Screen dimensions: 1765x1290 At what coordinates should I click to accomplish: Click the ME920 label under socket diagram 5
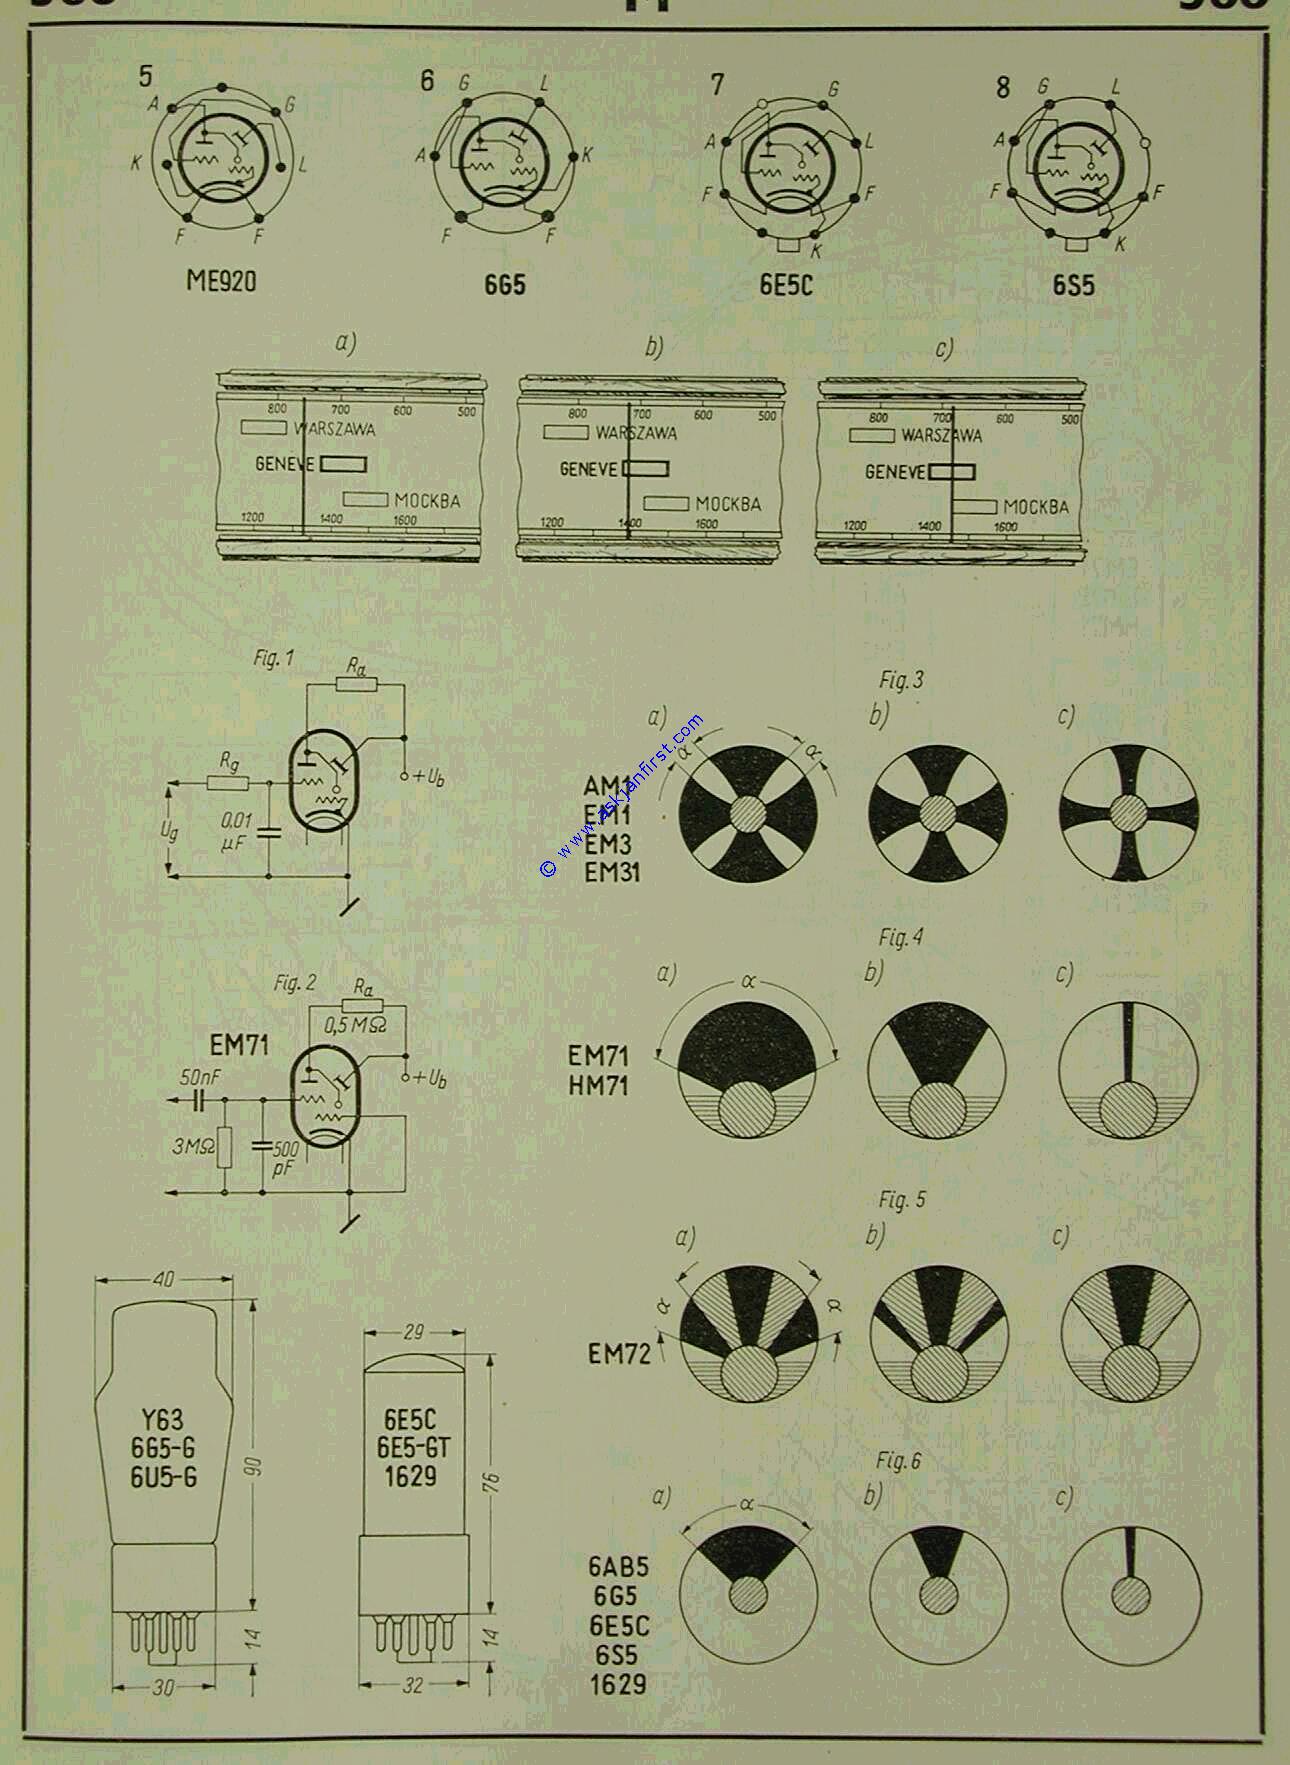221,281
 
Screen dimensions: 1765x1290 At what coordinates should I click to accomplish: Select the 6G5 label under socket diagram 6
504,285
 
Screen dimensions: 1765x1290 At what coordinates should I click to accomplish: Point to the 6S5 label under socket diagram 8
1073,285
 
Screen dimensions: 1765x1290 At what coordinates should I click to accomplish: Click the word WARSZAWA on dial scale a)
333,429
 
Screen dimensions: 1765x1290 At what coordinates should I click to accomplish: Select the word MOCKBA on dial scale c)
1035,507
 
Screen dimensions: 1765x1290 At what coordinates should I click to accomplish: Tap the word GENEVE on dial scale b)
589,468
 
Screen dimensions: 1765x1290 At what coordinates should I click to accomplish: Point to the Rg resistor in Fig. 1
228,781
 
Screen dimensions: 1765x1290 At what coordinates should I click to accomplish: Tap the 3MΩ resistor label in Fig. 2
192,1146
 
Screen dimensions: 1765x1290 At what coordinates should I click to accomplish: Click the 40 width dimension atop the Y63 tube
164,1279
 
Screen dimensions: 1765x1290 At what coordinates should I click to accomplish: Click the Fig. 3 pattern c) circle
1128,811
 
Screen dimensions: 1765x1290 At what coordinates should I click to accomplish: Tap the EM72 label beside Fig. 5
619,1353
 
